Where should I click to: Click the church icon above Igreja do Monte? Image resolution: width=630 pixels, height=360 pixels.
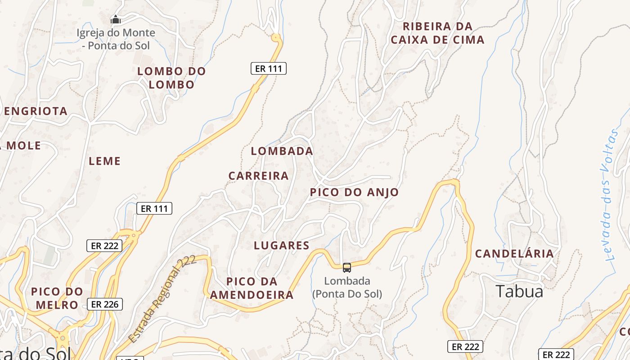point(116,19)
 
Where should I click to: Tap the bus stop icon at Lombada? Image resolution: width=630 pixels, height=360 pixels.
point(346,268)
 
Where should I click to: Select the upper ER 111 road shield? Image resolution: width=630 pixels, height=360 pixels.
point(268,68)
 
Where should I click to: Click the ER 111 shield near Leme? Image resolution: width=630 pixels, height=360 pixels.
point(154,208)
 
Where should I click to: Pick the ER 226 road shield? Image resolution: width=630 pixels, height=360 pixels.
point(104,304)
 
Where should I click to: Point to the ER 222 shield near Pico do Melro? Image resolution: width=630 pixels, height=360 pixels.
point(104,246)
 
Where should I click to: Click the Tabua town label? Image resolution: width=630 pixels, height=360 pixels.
point(519,292)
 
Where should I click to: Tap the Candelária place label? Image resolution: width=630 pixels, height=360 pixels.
point(514,253)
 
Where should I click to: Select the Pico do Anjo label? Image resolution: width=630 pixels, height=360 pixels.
point(354,192)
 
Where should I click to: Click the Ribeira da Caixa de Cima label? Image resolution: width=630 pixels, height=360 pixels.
point(437,33)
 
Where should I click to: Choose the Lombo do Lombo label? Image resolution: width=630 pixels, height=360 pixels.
point(171,77)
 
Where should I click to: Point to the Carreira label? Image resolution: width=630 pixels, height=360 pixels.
point(258,175)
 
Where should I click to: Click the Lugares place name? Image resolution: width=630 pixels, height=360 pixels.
point(282,245)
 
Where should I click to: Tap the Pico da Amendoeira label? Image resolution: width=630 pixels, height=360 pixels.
point(252,288)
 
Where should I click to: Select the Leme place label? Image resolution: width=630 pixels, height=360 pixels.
point(105,161)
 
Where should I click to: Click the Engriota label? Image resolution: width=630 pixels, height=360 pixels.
point(36,111)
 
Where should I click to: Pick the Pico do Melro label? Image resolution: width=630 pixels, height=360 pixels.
point(57,298)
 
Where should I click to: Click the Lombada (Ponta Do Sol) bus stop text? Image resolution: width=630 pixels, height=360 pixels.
point(347,287)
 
